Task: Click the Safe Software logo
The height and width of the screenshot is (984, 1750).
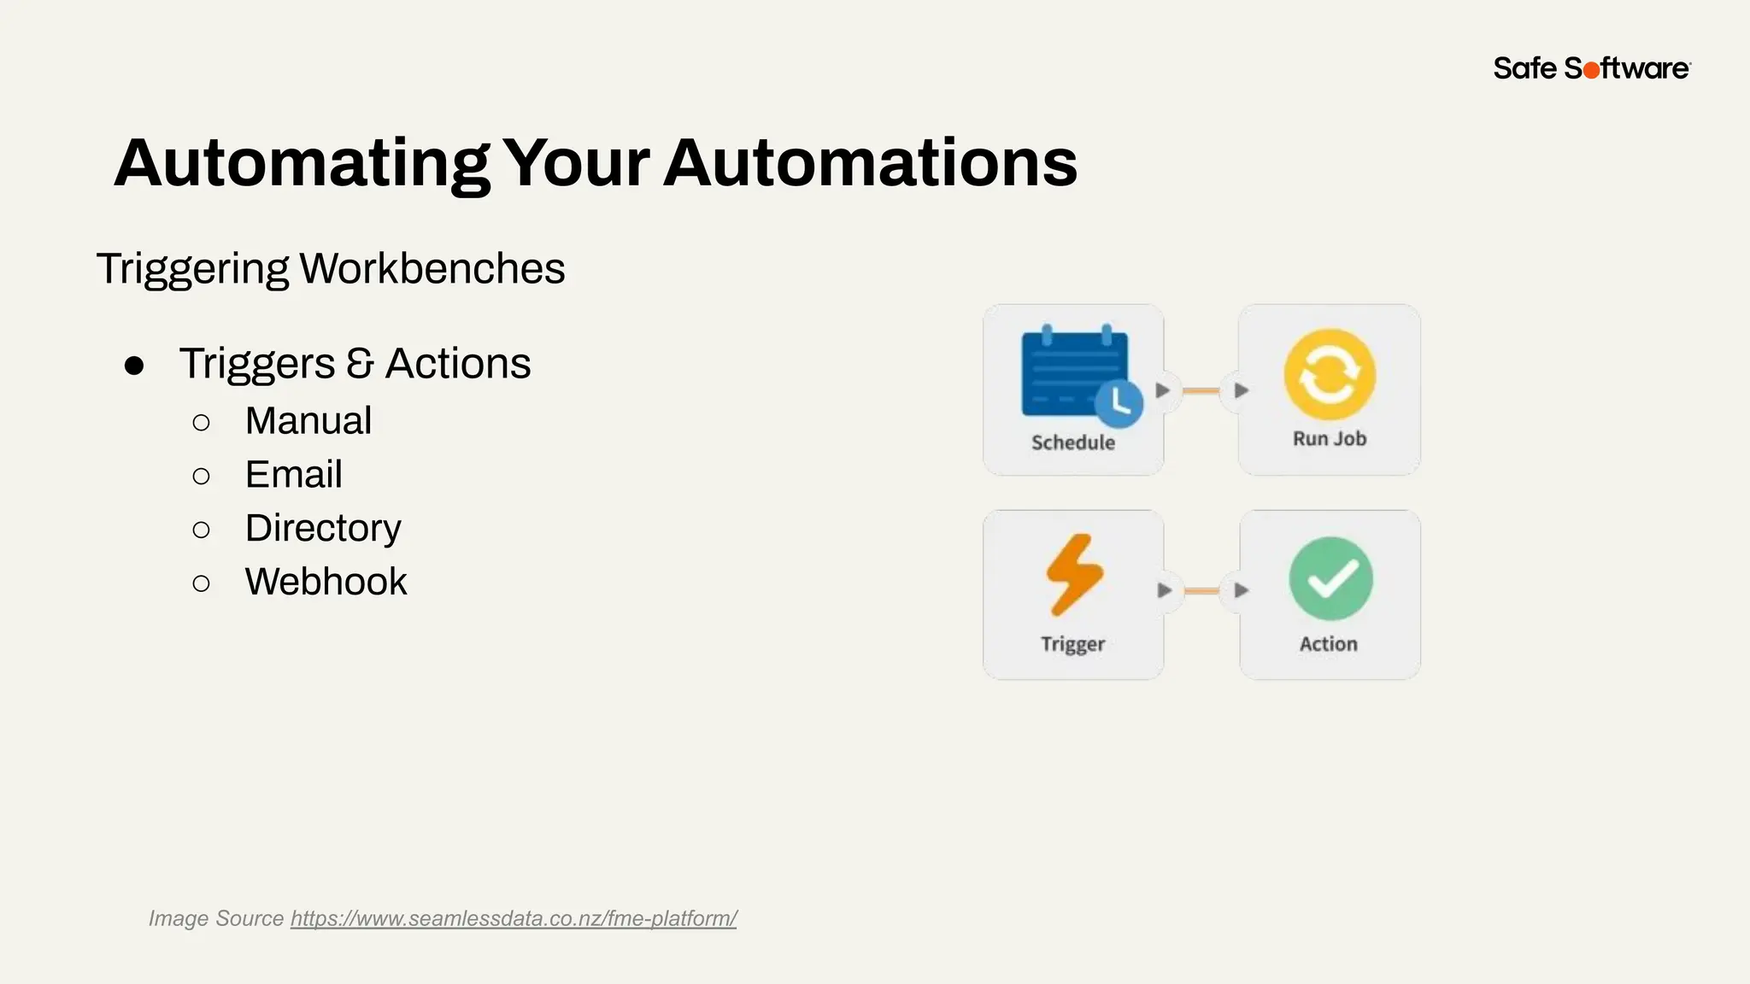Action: click(1591, 68)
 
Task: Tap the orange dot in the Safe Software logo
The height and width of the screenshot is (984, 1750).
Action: click(1591, 71)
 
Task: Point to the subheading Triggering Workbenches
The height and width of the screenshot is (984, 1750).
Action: click(331, 268)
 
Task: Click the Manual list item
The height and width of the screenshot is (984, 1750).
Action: click(308, 421)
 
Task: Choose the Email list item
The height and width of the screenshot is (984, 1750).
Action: click(293, 475)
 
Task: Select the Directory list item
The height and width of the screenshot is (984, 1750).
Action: click(323, 529)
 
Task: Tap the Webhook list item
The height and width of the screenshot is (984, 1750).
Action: click(326, 583)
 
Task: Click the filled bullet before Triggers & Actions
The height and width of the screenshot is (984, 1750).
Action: click(134, 366)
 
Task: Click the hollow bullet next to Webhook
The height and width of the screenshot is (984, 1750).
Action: click(202, 584)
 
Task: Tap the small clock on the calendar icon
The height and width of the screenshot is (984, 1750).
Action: click(1119, 404)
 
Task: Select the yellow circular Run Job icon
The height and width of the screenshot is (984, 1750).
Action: click(1330, 375)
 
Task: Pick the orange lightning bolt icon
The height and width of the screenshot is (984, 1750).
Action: click(1074, 574)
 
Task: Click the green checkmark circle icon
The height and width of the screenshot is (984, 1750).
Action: click(1330, 578)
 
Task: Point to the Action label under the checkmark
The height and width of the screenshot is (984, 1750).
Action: click(1328, 644)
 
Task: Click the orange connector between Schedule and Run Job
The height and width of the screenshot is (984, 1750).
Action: click(1201, 390)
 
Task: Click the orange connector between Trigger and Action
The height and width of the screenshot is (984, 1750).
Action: click(1202, 590)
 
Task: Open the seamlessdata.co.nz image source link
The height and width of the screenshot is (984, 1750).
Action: click(514, 919)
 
